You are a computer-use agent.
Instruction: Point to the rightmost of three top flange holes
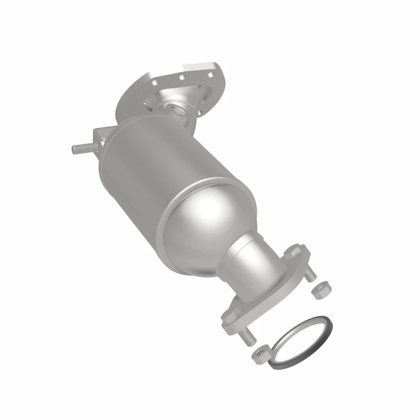212,67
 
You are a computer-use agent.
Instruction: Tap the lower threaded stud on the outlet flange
247,336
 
